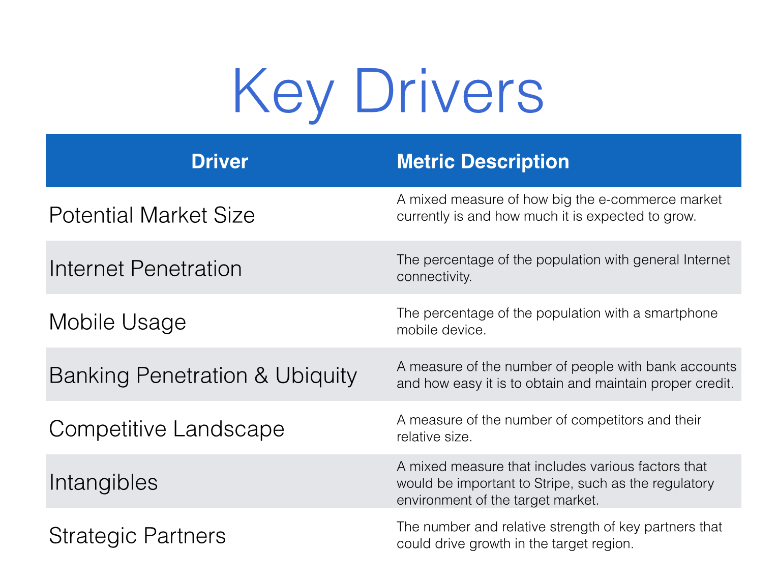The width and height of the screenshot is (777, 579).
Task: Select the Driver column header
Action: click(220, 162)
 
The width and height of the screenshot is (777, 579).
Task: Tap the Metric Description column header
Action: click(483, 162)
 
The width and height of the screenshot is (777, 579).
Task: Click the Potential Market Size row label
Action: click(152, 215)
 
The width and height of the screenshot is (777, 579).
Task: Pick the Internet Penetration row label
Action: click(145, 269)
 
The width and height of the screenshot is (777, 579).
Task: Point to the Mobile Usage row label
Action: click(117, 323)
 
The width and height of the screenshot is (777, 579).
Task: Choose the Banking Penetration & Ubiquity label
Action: click(203, 375)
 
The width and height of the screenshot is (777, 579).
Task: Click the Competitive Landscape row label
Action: click(166, 429)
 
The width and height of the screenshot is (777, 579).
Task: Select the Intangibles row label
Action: click(103, 483)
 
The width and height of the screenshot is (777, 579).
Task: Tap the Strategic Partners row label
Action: click(137, 536)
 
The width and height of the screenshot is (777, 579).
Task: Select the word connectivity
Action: click(434, 277)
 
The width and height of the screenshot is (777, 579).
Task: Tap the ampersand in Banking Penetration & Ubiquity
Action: click(261, 375)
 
